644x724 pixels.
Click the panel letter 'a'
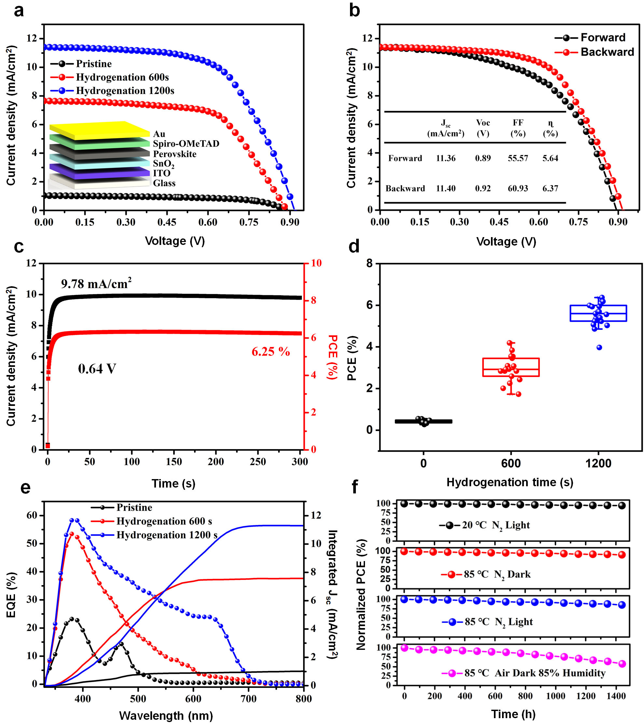tap(19, 11)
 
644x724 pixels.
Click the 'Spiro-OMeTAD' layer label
tap(186, 144)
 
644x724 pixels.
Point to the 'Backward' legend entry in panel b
tap(607, 52)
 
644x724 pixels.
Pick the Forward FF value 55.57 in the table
tap(517, 158)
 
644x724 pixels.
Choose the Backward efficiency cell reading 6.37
tap(550, 188)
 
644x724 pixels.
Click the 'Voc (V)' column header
tap(483, 128)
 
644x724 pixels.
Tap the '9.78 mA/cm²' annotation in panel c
tap(96, 284)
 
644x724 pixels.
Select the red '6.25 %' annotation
tap(271, 352)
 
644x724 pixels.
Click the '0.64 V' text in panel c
tap(97, 369)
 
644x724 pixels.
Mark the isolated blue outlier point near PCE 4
tap(599, 347)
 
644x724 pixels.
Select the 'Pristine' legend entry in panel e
tap(134, 508)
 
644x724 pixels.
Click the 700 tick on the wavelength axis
tap(248, 699)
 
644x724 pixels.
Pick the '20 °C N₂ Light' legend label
tap(496, 525)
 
